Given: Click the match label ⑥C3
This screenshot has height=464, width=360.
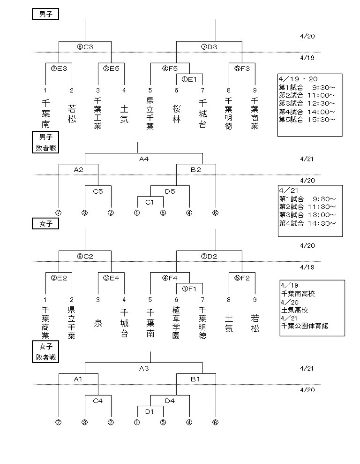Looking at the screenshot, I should tap(85, 47).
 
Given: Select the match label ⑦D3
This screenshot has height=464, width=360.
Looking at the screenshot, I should tap(209, 47).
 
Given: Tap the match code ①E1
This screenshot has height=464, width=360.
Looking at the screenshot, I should tap(189, 78).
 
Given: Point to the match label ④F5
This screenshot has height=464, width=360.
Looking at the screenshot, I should tap(170, 68).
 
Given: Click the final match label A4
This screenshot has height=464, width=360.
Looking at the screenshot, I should tap(144, 159).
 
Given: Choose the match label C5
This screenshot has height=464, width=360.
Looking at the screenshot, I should tap(98, 191).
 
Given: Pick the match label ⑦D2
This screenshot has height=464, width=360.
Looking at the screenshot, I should tap(209, 256).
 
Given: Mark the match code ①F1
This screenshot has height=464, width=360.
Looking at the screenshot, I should tap(189, 288).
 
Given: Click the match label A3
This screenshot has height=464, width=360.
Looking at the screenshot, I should tap(144, 368).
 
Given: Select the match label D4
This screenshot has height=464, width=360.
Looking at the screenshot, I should tap(170, 401).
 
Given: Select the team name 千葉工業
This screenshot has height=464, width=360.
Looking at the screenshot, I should tap(98, 113).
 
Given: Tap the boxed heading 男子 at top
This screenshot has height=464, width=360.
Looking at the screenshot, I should tap(45, 14).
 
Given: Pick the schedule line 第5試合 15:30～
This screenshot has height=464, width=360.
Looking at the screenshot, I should tap(307, 120).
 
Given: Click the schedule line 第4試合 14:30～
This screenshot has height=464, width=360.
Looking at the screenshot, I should tap(307, 223).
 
